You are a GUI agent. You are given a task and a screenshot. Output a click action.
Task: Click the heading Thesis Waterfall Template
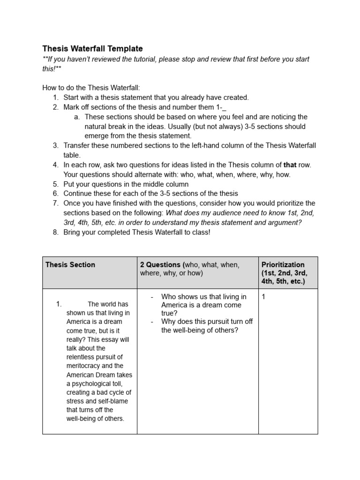tap(92, 49)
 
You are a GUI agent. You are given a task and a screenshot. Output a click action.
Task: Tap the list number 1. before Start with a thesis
tap(55, 97)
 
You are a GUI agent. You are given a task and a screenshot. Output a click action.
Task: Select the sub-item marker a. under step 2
tap(77, 117)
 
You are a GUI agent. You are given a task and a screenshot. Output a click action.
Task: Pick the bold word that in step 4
tap(290, 165)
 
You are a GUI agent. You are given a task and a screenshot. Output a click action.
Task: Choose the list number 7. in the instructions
tap(55, 203)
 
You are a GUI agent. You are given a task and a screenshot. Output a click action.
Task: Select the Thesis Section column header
tap(70, 265)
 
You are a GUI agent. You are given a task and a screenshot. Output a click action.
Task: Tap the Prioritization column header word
tap(283, 265)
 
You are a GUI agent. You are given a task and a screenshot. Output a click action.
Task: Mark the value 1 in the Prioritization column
tap(264, 297)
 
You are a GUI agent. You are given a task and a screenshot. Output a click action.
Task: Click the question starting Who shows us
tap(203, 305)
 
